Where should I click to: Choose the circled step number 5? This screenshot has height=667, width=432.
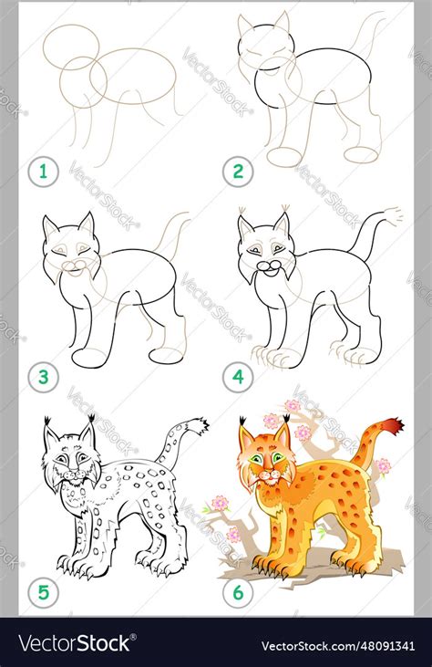[40, 593]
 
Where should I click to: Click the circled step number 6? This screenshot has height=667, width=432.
[238, 593]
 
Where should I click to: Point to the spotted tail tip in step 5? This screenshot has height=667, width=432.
[195, 425]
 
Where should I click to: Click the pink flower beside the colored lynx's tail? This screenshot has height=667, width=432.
[384, 466]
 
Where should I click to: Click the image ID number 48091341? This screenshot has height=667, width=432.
[374, 642]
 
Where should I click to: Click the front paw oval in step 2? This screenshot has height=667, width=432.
[284, 156]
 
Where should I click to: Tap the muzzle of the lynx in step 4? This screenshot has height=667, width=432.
[270, 266]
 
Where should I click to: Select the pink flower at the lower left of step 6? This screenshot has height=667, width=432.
[220, 503]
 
